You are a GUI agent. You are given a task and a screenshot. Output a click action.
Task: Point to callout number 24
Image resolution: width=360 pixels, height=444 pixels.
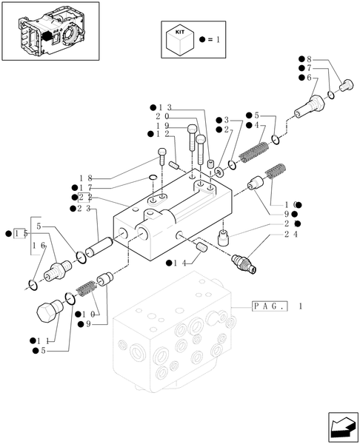tap(290, 235)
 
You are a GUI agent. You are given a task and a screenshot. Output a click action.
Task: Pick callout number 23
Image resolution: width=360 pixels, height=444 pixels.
tap(87, 209)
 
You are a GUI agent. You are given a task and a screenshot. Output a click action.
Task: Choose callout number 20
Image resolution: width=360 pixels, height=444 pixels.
tap(162, 117)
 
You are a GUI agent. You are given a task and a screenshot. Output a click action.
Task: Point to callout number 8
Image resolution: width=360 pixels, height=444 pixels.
tap(310, 58)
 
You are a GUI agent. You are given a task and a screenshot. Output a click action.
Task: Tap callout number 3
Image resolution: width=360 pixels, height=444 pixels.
tap(228, 120)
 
